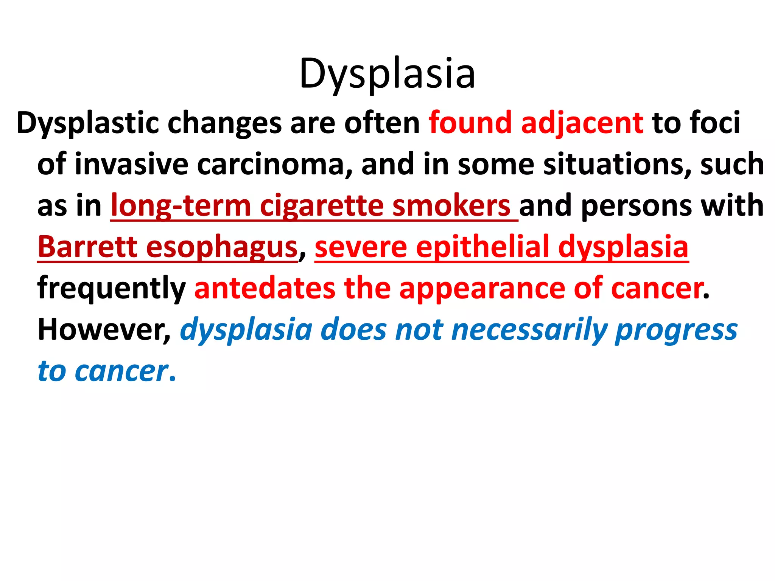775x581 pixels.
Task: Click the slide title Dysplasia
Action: pos(387,74)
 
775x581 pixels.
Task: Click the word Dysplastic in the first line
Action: pos(87,123)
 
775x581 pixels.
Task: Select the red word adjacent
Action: pos(582,123)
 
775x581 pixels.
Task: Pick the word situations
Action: pos(617,164)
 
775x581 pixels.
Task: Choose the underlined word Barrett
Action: pos(87,247)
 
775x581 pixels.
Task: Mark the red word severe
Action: pos(361,247)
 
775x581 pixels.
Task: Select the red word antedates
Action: pos(265,288)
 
